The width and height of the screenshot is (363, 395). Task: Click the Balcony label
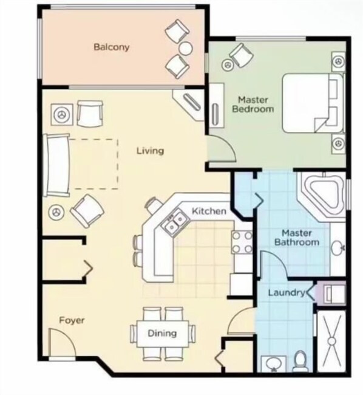tap(112, 47)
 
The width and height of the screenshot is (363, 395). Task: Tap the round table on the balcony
tap(186, 48)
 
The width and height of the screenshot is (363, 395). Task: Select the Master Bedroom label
tap(253, 105)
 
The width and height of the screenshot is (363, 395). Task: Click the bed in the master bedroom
tap(313, 103)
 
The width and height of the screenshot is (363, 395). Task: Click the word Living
tap(150, 151)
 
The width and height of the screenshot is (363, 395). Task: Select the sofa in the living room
tap(56, 165)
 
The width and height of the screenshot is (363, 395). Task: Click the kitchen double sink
tap(175, 222)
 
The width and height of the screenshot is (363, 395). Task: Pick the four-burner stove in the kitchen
tap(242, 242)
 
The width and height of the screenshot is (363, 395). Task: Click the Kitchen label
tap(209, 211)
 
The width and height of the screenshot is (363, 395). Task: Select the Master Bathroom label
tap(297, 238)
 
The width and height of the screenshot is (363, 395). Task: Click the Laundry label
tap(287, 292)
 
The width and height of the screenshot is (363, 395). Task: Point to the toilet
tap(300, 361)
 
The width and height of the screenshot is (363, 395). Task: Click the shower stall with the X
tap(332, 341)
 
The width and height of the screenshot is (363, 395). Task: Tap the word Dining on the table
tap(162, 333)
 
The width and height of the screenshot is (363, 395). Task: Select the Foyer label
tap(72, 320)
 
